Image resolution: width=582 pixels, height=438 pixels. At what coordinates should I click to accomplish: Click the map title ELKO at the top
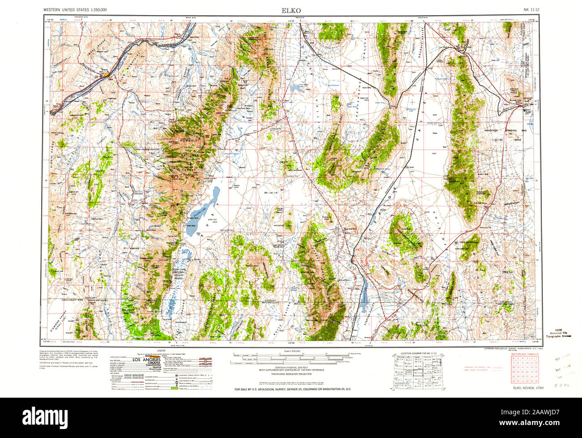tap(291, 10)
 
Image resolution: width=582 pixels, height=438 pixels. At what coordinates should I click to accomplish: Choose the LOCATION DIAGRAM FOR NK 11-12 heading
tap(419, 353)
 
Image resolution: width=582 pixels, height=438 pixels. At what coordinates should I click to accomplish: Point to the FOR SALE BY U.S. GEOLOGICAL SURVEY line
tap(293, 390)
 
